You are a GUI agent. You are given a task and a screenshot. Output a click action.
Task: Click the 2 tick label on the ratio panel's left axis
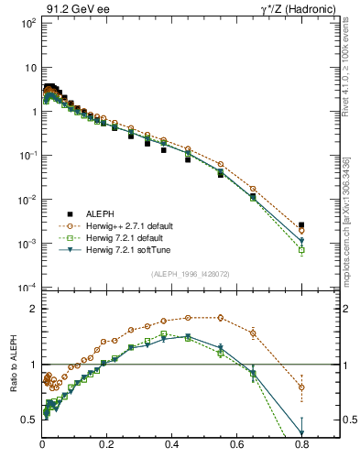pyautogui.click(x=34, y=309)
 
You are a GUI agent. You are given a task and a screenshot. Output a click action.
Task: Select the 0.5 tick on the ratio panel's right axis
pyautogui.click(x=346, y=420)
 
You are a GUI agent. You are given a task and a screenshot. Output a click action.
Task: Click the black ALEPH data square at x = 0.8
pyautogui.click(x=301, y=224)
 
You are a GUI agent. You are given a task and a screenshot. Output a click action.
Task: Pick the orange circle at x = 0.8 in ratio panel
pyautogui.click(x=301, y=387)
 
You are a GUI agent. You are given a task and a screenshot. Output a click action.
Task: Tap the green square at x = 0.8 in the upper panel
pyautogui.click(x=301, y=249)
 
